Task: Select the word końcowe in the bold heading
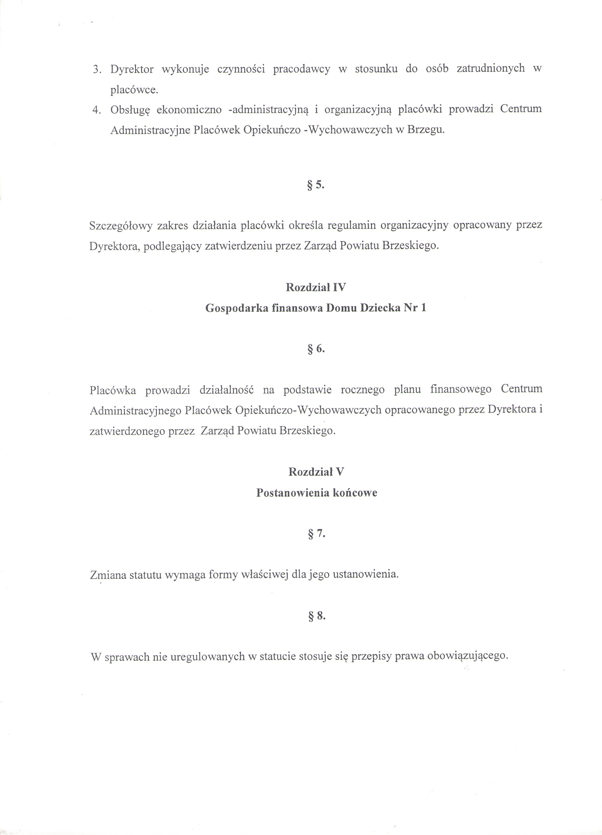(x=355, y=493)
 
